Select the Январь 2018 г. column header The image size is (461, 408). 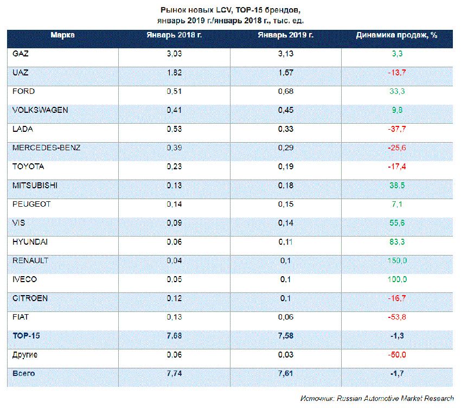coord(174,35)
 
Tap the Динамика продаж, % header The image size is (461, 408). coord(397,35)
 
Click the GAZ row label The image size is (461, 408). coord(20,54)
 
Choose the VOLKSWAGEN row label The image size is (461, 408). coord(40,110)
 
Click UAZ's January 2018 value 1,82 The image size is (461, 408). coord(174,73)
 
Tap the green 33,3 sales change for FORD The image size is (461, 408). coord(397,92)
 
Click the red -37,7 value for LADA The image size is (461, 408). coord(397,129)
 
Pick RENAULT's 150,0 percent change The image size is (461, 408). coord(397,261)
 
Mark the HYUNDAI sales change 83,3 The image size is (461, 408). coord(397,242)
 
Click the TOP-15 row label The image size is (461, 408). coord(26,336)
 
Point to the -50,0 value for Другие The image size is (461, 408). coord(397,355)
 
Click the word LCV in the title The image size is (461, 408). coord(224,10)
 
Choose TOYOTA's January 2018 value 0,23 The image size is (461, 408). coord(174,167)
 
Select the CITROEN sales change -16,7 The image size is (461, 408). coord(397,298)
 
